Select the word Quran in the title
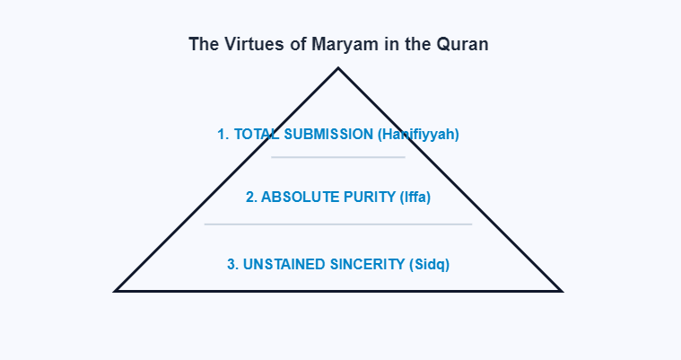click(x=464, y=44)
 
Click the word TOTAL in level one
click(x=254, y=135)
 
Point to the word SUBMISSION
click(x=327, y=135)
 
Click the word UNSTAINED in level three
click(x=284, y=265)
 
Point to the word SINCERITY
click(x=366, y=265)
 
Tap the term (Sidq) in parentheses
click(x=429, y=265)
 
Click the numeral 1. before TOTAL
click(x=223, y=135)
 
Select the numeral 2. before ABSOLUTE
click(x=252, y=198)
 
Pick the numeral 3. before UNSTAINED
click(x=232, y=265)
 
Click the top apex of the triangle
click(x=338, y=68)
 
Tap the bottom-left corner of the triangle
click(x=117, y=290)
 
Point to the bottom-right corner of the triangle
click(x=560, y=290)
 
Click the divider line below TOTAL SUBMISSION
click(x=338, y=157)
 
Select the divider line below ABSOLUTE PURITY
click(x=338, y=224)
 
